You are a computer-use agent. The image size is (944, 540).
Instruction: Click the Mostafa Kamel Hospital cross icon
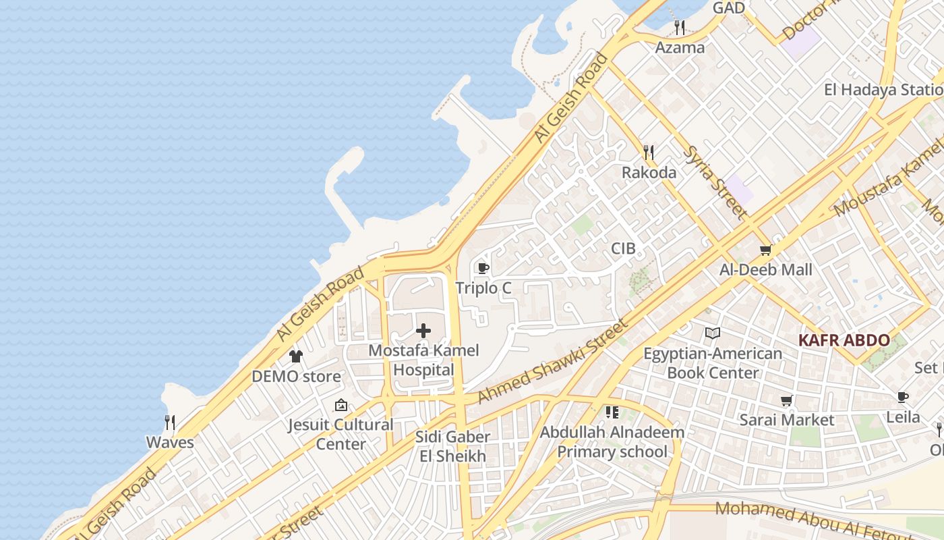[x=423, y=331]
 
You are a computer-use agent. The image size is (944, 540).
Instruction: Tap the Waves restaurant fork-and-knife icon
[x=170, y=423]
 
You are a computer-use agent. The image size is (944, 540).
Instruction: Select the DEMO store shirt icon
[x=296, y=356]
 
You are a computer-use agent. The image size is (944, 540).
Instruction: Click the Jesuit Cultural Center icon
[x=341, y=405]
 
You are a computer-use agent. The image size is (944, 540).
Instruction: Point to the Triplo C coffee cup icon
[x=483, y=268]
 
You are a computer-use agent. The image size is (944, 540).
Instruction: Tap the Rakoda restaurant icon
[x=649, y=152]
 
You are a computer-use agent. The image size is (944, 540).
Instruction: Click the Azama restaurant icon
[x=680, y=28]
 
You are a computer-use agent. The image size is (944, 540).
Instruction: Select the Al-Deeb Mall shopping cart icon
[x=765, y=250]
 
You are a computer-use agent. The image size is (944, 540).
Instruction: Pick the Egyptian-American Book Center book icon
[x=713, y=333]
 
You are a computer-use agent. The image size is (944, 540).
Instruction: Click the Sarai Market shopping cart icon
[x=786, y=400]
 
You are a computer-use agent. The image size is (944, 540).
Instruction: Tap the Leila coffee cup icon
[x=903, y=397]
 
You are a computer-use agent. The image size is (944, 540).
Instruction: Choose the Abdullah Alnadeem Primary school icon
[x=612, y=412]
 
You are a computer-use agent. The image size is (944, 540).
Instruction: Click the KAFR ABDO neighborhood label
[x=844, y=340]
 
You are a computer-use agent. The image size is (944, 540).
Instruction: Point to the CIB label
[x=623, y=248]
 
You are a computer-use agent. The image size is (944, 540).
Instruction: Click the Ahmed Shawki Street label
[x=552, y=362]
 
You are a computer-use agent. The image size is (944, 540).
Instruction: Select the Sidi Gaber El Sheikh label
[x=452, y=446]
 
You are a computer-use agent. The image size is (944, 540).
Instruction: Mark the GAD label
[x=729, y=8]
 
